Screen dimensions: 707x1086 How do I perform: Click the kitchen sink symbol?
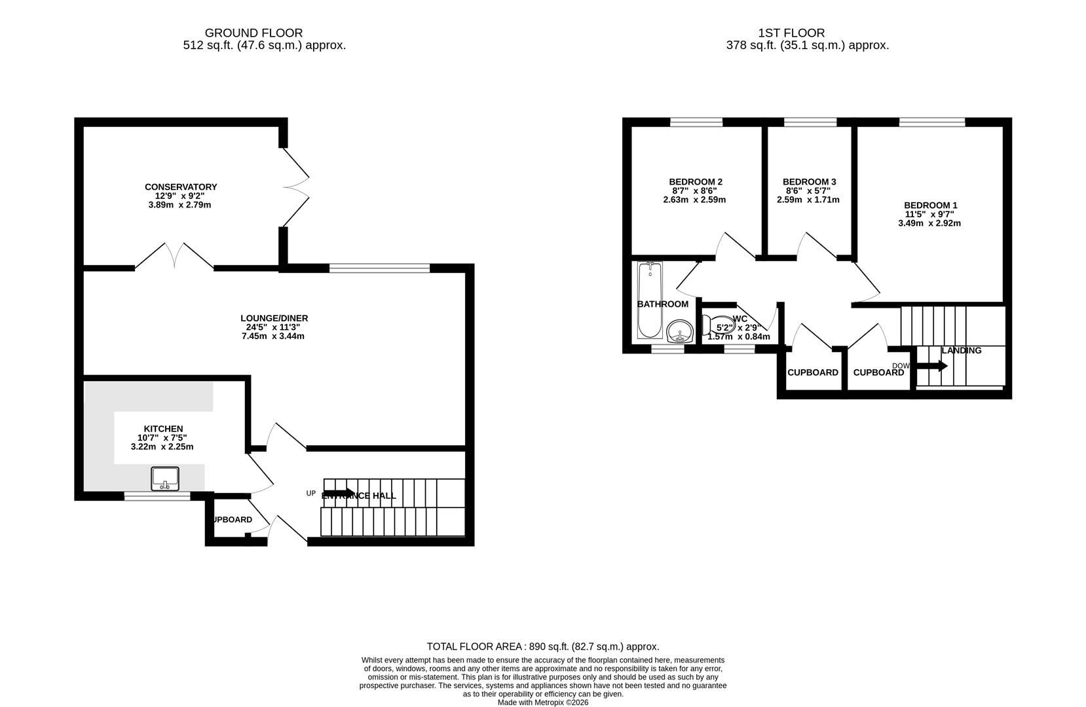(x=165, y=479)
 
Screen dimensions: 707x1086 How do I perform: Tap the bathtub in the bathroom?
(x=650, y=300)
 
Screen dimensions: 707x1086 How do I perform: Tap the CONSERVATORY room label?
(x=181, y=187)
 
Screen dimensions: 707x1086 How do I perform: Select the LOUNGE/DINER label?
(x=274, y=318)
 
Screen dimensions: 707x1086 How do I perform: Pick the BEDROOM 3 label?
(x=809, y=181)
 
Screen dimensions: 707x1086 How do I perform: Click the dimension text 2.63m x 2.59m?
(x=694, y=200)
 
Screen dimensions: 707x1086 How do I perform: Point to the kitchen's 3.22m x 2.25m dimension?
(x=162, y=446)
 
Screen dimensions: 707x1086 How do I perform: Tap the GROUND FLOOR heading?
(x=253, y=33)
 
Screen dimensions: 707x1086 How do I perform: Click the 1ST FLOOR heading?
(x=791, y=33)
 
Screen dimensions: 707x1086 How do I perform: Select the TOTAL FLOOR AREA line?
(x=543, y=646)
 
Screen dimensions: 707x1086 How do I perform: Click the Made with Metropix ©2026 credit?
(x=543, y=702)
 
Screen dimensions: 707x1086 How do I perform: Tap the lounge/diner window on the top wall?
(x=379, y=268)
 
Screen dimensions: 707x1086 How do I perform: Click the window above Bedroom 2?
(x=696, y=122)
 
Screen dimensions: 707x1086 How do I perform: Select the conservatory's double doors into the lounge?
(x=174, y=257)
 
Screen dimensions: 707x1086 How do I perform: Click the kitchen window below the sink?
(x=157, y=497)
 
